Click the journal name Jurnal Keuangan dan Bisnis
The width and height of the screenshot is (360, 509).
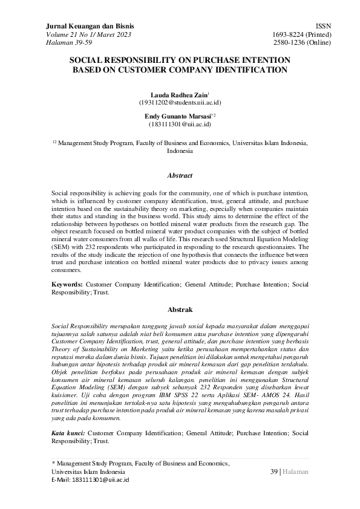pos(90,27)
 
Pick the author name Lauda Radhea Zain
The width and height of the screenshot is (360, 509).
pos(178,95)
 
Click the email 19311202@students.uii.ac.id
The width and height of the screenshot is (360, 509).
pos(180,103)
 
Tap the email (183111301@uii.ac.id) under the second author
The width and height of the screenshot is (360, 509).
pos(180,124)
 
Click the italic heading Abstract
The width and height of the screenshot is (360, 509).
pos(180,175)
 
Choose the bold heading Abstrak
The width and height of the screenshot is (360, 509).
pos(180,308)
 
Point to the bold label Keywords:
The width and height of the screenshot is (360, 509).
pos(67,283)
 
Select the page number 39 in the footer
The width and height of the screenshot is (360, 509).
pos(273,472)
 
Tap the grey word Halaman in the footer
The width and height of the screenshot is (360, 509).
pos(295,472)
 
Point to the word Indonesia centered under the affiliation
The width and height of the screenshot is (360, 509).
pos(180,152)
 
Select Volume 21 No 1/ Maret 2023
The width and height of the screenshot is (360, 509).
pos(88,35)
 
